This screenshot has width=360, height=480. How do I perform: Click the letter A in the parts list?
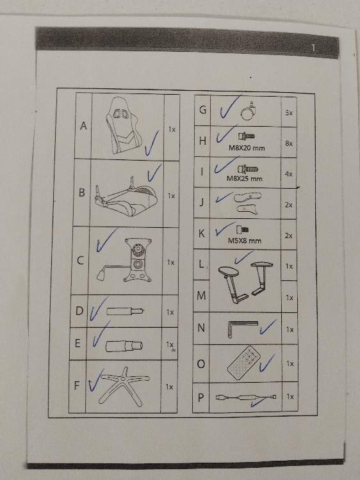point(83,125)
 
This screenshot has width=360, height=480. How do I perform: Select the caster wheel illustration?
point(248,111)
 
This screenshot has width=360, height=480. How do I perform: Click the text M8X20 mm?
point(247,148)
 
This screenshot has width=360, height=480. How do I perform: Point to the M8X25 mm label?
point(245,178)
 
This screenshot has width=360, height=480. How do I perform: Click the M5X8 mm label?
point(245,241)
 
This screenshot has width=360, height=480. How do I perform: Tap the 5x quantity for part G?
point(289,113)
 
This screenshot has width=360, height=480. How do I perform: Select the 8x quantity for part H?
point(289,143)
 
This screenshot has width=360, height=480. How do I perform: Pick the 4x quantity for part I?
point(288,174)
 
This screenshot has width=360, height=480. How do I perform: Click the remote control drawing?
point(244,363)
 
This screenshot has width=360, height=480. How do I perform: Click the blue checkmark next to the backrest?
point(152,143)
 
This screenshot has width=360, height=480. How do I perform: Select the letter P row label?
point(200,397)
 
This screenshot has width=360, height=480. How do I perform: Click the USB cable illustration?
point(246,397)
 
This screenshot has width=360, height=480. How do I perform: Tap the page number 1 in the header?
point(313,48)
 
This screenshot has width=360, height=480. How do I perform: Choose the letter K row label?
point(201,234)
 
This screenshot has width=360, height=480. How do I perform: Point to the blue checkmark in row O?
point(267,364)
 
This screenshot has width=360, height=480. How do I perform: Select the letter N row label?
point(201,328)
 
